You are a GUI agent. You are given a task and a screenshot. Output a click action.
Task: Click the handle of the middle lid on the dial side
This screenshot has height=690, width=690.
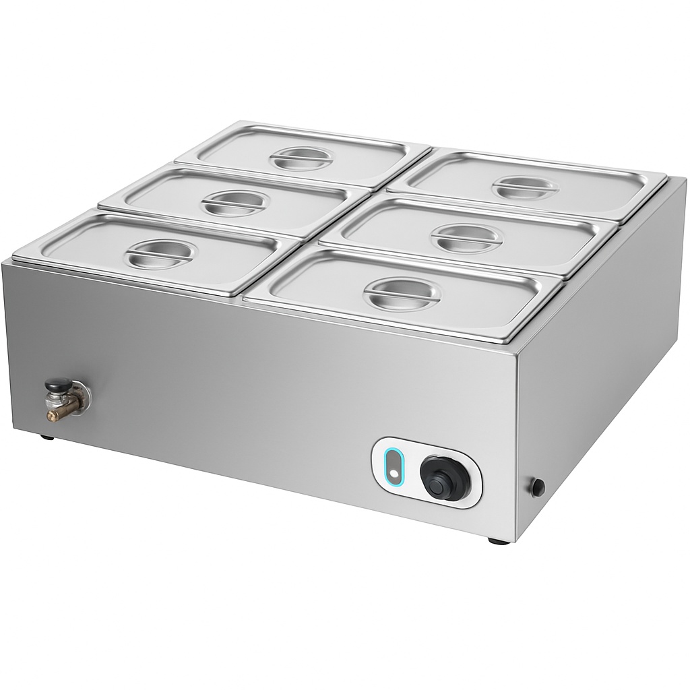[466, 237]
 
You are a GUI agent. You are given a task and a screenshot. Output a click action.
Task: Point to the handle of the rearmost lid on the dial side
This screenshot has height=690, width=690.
[524, 187]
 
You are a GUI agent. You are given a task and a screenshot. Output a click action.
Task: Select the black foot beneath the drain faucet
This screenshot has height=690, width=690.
[47, 437]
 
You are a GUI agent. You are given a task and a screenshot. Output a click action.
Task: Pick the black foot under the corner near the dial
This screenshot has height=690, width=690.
[495, 540]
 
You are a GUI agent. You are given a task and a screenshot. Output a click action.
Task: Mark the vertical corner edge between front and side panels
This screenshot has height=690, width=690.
[516, 438]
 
